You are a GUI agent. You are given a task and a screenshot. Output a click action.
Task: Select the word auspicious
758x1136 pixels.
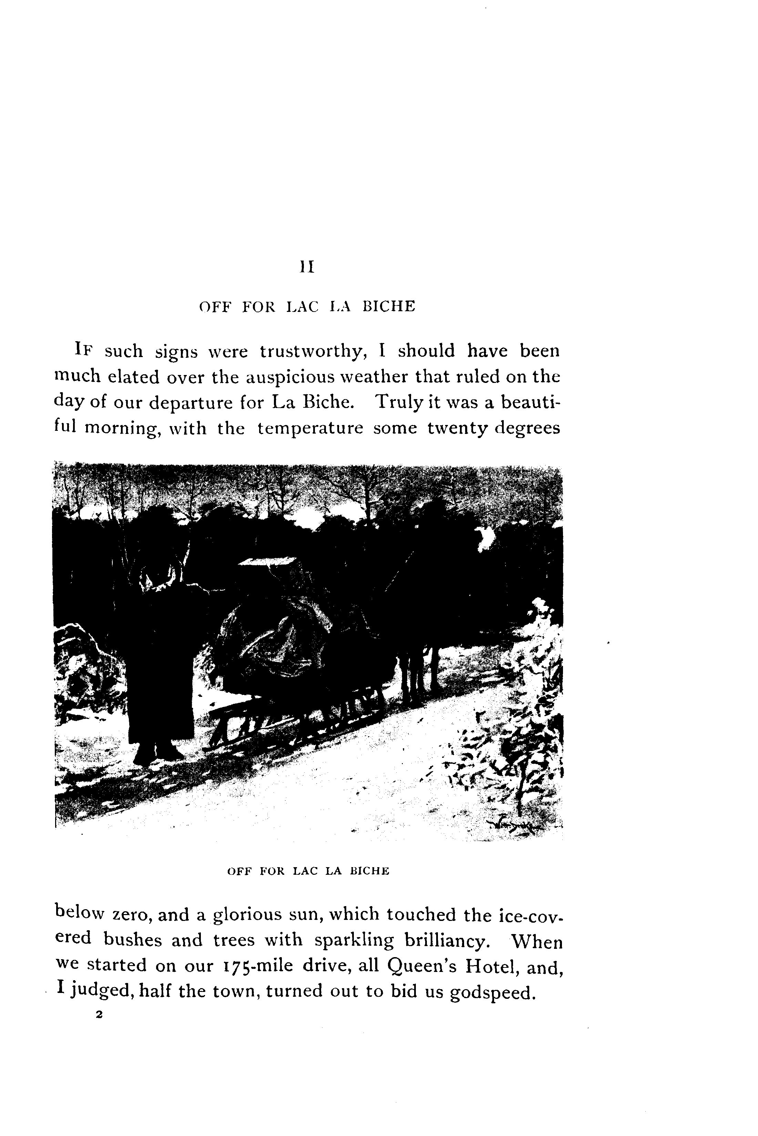289,377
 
